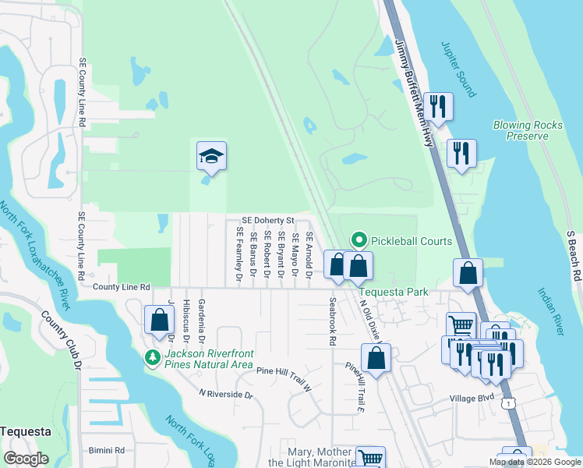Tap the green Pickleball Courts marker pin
(x=359, y=241)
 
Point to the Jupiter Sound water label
(x=458, y=69)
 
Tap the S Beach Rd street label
(x=574, y=255)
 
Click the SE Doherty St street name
(x=267, y=222)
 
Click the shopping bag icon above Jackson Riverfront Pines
(x=159, y=319)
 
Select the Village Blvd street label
(x=472, y=397)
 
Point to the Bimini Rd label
(x=106, y=451)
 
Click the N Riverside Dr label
(x=226, y=395)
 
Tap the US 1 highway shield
(x=508, y=403)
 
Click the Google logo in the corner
(x=26, y=459)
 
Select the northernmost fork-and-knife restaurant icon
(x=437, y=106)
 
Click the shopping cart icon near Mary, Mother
(x=369, y=459)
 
